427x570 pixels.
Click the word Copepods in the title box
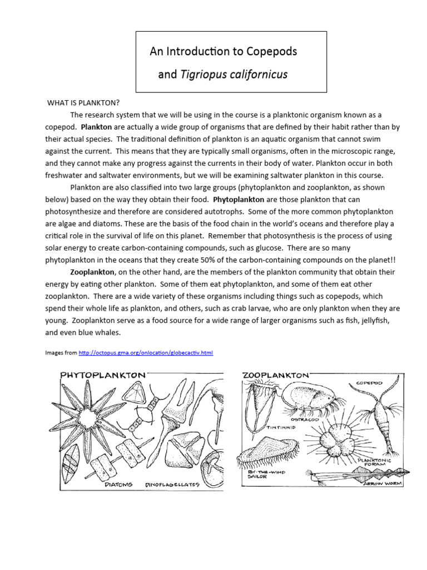[271, 52]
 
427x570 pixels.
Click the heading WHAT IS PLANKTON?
[83, 103]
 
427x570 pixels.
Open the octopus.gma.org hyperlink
[146, 353]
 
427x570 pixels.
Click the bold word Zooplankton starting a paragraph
[92, 272]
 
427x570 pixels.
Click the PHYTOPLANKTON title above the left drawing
[102, 376]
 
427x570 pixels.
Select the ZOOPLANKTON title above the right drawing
[275, 376]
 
